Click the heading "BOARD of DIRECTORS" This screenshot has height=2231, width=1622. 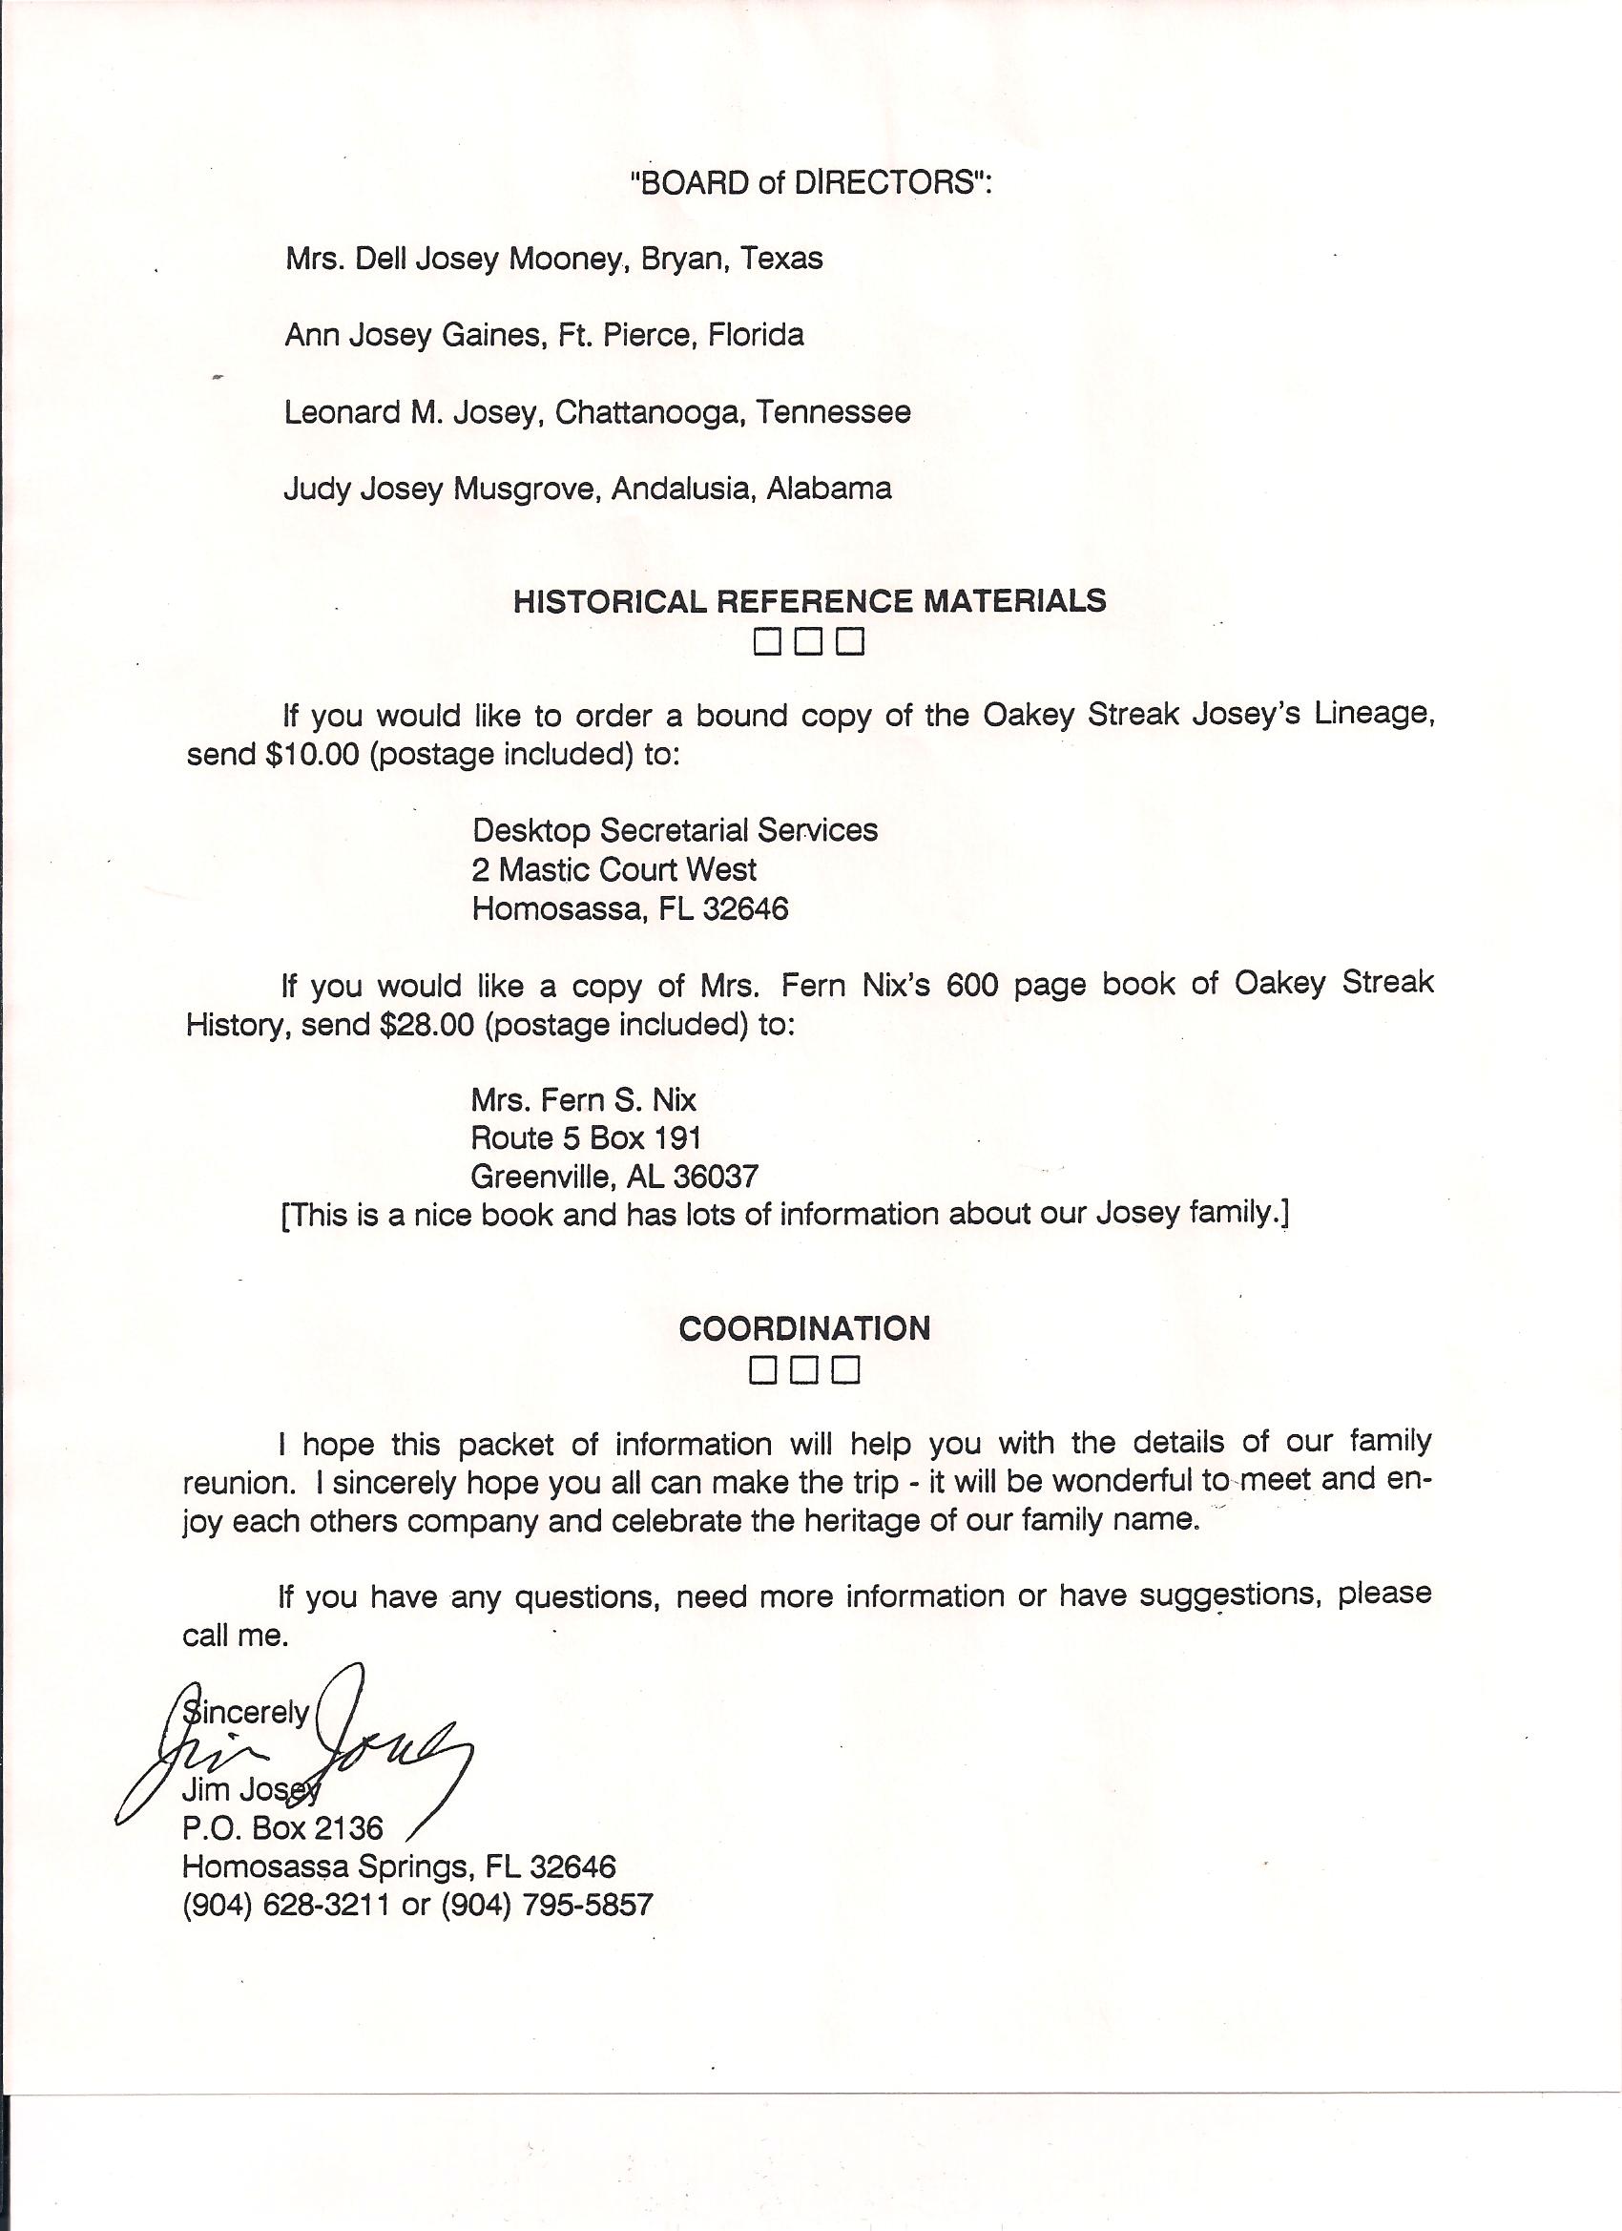pos(810,184)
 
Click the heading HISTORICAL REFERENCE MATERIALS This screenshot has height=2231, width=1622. pos(809,601)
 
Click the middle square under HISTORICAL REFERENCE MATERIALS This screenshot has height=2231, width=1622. pos(808,642)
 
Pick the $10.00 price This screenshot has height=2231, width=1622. pos(312,755)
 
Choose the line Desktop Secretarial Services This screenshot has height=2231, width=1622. pos(675,830)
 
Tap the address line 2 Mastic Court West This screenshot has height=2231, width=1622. pos(613,869)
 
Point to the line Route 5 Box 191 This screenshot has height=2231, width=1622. pos(585,1138)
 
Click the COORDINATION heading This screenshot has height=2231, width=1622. pos(804,1329)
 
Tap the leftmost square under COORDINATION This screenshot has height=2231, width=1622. pos(763,1370)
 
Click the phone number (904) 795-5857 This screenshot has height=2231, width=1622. pos(547,1906)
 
